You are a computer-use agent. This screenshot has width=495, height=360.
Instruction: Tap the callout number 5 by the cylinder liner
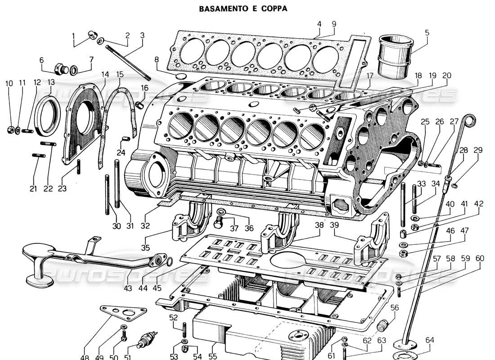coord(427,32)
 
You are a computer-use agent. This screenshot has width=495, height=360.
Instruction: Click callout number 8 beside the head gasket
coord(157,59)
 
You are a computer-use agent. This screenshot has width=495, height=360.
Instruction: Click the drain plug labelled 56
coord(383,324)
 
